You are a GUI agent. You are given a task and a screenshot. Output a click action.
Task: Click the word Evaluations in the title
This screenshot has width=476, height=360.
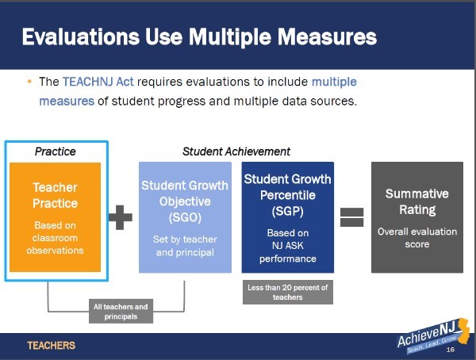pyautogui.click(x=81, y=37)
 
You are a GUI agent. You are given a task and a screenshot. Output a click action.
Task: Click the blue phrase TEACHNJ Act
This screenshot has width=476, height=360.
pyautogui.click(x=98, y=82)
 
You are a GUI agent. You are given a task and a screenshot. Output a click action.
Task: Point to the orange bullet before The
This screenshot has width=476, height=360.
pyautogui.click(x=29, y=82)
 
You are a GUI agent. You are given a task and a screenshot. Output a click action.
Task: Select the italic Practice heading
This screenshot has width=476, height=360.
pyautogui.click(x=56, y=151)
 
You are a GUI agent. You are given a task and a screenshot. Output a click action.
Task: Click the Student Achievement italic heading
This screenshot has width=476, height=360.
pyautogui.click(x=236, y=151)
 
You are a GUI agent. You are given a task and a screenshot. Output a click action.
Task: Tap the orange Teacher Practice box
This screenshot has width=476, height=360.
pyautogui.click(x=55, y=217)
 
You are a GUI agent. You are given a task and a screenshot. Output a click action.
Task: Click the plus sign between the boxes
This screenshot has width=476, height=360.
pyautogui.click(x=121, y=217)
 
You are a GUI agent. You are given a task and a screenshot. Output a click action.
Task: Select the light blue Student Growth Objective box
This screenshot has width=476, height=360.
pyautogui.click(x=185, y=217)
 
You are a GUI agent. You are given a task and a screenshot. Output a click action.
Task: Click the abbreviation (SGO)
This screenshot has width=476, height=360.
pyautogui.click(x=185, y=217)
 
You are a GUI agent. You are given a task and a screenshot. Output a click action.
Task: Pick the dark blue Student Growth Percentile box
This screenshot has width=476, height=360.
pyautogui.click(x=288, y=217)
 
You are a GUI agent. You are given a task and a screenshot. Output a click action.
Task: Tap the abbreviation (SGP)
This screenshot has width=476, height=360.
pyautogui.click(x=287, y=211)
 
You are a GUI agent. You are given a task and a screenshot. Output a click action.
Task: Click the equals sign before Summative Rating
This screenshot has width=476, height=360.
pyautogui.click(x=351, y=217)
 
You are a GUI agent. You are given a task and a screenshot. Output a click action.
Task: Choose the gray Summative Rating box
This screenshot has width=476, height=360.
pyautogui.click(x=417, y=217)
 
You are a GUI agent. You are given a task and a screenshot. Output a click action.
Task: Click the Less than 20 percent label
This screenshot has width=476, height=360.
pyautogui.click(x=288, y=292)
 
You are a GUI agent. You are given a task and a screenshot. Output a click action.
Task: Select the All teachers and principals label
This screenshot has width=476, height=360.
pyautogui.click(x=121, y=312)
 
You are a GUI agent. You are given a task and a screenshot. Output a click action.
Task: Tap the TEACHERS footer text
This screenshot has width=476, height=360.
pyautogui.click(x=52, y=346)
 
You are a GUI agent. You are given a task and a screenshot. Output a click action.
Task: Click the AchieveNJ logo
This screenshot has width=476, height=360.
pyautogui.click(x=433, y=336)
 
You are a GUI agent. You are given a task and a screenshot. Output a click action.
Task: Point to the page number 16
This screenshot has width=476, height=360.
pyautogui.click(x=451, y=350)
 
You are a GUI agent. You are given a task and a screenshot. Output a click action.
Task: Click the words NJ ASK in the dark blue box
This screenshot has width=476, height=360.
pyautogui.click(x=287, y=245)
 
